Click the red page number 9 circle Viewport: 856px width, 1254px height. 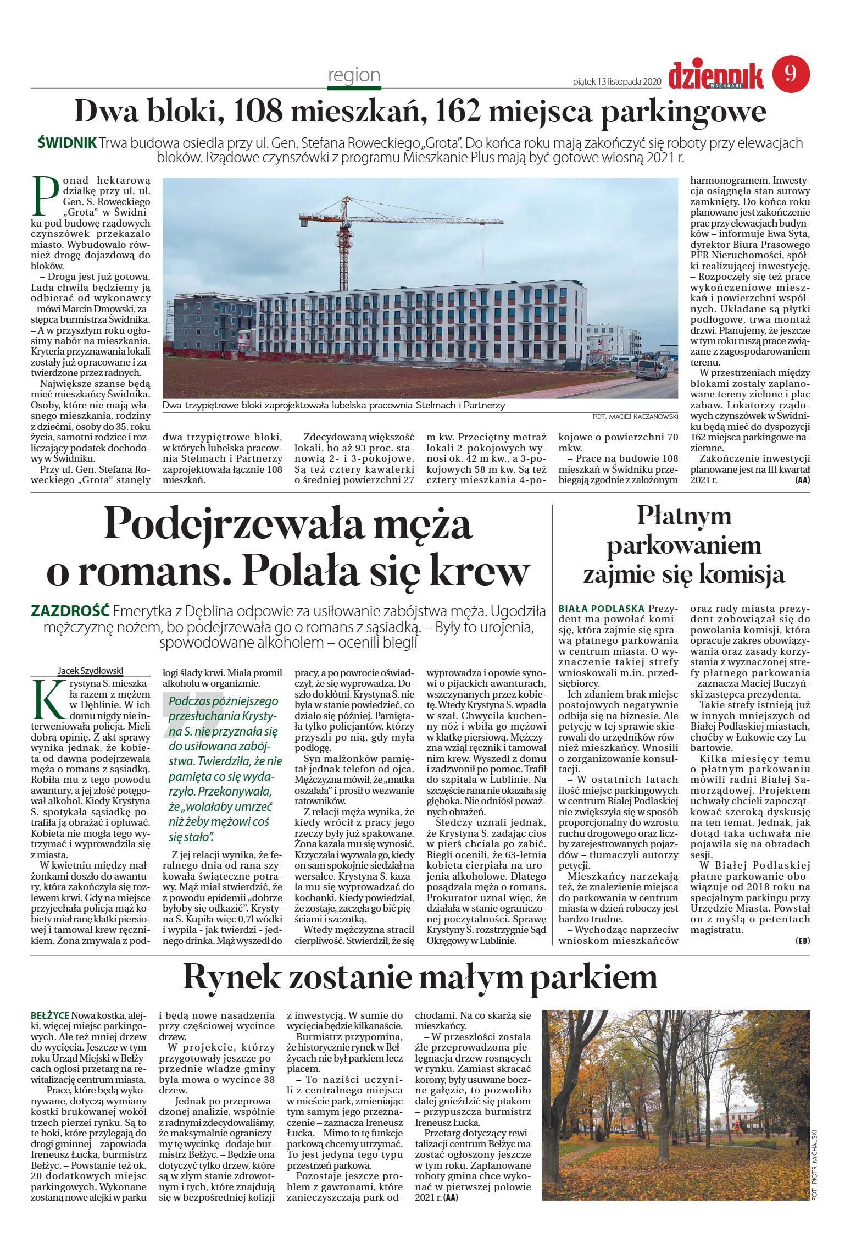[791, 74]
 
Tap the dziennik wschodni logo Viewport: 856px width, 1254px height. [715, 76]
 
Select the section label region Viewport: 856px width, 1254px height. [354, 75]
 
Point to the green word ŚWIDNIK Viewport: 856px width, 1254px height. [67, 143]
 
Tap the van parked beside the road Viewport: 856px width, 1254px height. [652, 369]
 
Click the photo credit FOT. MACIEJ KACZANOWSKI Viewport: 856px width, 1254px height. [635, 417]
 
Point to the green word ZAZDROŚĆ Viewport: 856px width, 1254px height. [70, 611]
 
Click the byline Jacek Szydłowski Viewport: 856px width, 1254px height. [91, 671]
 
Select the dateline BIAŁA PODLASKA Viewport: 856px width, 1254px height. [601, 609]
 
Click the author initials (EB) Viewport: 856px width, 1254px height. [802, 941]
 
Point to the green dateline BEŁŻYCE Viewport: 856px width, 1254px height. [50, 1015]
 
